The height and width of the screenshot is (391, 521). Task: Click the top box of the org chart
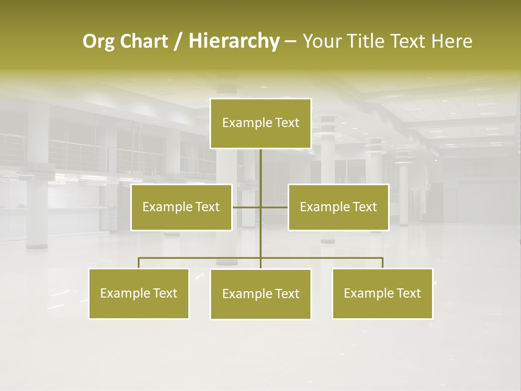pos(260,123)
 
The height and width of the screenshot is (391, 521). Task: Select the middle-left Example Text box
pos(181,207)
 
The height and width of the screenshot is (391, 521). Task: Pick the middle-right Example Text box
pos(338,207)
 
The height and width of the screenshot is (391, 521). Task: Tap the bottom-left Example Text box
pos(138,293)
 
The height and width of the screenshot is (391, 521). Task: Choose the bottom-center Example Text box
pos(260,294)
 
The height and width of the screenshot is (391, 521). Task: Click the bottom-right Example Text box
pos(382,293)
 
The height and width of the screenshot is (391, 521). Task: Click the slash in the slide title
pos(178,41)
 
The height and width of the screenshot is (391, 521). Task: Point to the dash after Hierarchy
pos(290,41)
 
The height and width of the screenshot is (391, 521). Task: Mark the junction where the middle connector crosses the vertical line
pos(260,207)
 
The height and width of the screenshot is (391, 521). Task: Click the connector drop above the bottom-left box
pos(138,263)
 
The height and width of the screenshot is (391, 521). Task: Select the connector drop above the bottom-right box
pos(383,263)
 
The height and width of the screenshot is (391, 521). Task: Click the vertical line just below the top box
pos(260,157)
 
